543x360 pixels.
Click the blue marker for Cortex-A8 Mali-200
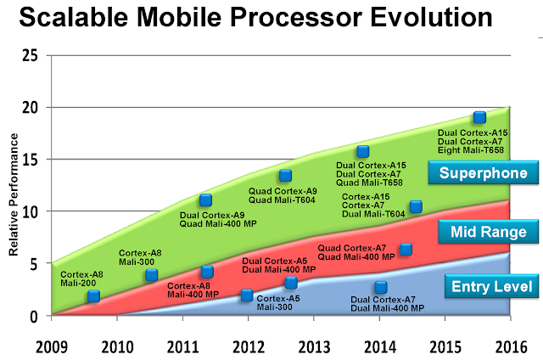94,295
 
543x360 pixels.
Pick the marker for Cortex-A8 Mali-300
152,274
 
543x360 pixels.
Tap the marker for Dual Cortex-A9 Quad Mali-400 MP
205,200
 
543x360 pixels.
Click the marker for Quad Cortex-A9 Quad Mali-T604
286,176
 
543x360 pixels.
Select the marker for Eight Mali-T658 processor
479,117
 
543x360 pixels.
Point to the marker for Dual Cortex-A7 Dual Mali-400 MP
381,287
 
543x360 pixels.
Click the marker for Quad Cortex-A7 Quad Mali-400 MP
406,249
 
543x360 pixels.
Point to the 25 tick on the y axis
31,55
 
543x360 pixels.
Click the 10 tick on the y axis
31,211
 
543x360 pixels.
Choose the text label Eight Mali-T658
470,149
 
